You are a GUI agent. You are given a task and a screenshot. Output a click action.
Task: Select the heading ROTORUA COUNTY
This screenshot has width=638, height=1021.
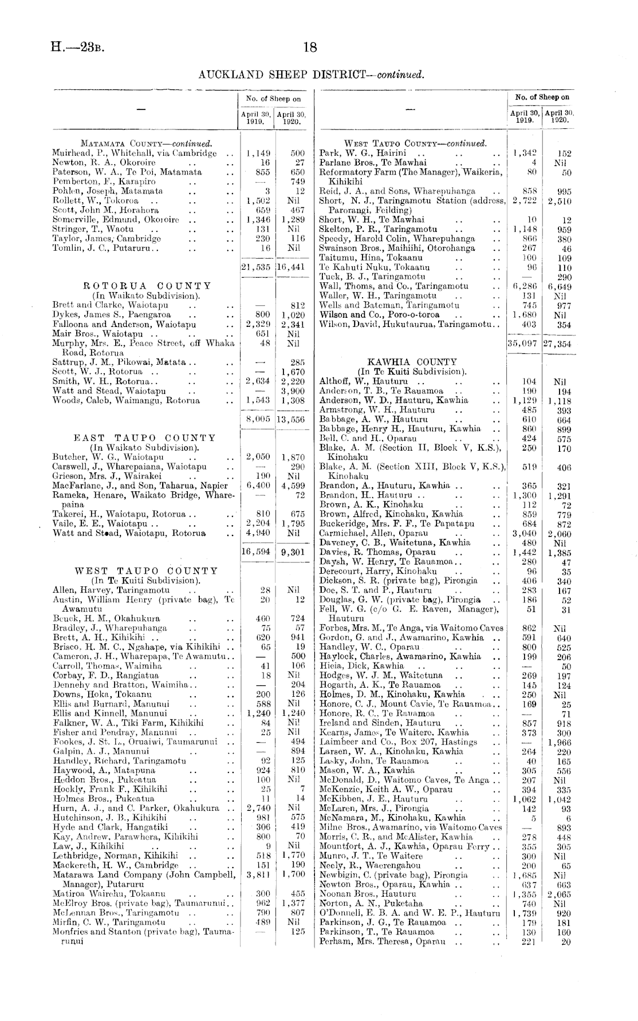point(147,286)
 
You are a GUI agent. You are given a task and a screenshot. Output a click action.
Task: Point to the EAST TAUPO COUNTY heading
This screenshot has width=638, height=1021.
point(145,438)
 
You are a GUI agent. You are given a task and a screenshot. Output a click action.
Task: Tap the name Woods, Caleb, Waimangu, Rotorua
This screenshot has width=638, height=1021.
point(126,400)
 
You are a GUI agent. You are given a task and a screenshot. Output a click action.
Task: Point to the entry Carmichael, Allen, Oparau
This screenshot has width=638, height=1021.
point(373,533)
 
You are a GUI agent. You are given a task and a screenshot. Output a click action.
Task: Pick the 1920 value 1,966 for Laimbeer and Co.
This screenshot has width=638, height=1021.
point(557,742)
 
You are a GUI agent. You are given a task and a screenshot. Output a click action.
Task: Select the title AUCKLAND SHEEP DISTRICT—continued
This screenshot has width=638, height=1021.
point(311,74)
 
